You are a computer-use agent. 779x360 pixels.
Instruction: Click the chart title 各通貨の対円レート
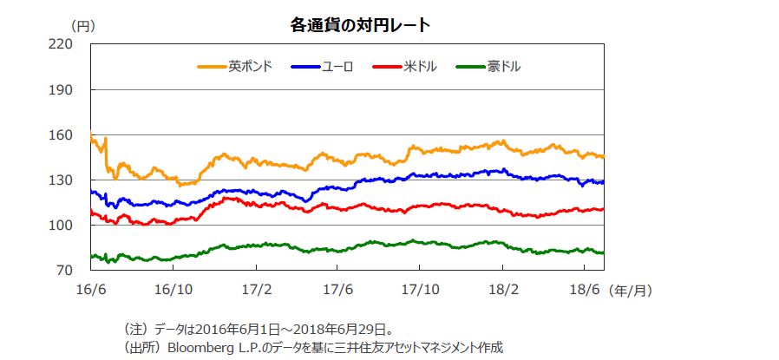tap(360, 25)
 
